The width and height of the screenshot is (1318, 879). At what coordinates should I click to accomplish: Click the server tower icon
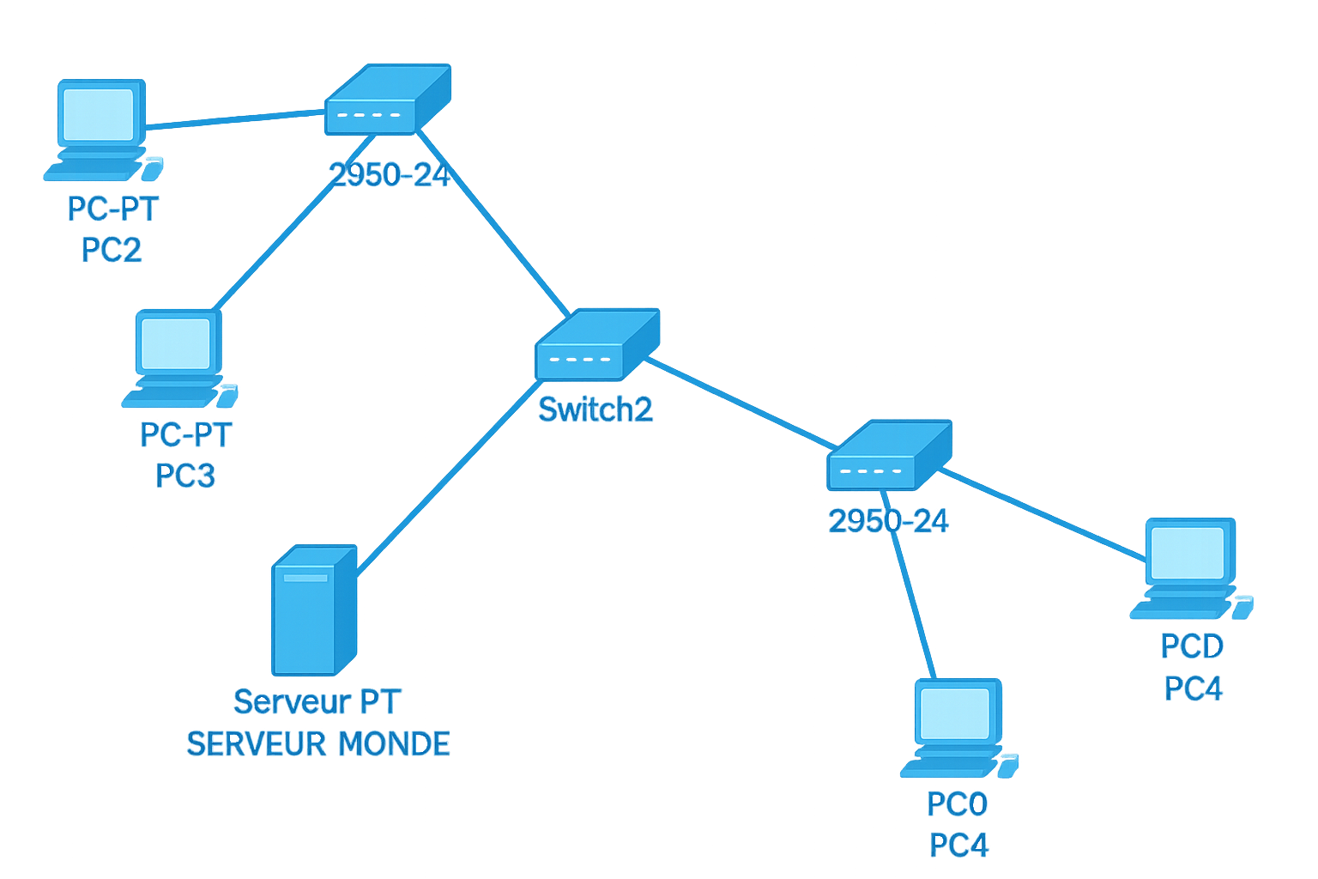[x=313, y=610]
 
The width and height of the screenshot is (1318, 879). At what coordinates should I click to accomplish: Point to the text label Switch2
[x=596, y=409]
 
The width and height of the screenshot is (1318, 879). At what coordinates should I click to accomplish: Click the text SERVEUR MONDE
[x=318, y=743]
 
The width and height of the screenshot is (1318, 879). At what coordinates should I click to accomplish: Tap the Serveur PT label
[x=317, y=701]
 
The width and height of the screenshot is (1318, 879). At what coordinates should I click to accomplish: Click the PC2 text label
[x=112, y=251]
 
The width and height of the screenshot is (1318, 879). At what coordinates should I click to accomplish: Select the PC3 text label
[x=185, y=475]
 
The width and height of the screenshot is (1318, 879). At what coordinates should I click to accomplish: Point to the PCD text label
[x=1192, y=646]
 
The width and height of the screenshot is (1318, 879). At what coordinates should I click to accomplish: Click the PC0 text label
[x=958, y=804]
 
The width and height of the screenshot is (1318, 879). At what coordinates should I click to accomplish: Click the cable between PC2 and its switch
[x=232, y=120]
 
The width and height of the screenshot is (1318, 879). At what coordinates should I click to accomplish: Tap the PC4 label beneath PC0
[x=958, y=846]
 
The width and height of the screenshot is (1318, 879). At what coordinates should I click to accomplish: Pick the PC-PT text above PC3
[x=185, y=434]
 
